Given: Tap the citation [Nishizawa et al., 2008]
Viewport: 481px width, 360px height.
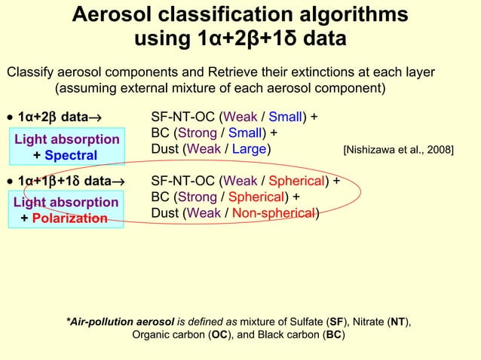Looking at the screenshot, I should click(398, 150).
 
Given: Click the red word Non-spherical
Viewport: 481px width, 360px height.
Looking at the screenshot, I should click(274, 213).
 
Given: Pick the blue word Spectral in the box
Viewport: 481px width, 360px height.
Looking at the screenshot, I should click(71, 155).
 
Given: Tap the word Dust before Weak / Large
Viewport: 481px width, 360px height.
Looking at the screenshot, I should click(165, 149).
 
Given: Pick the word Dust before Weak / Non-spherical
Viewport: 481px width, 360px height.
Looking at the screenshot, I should click(165, 213).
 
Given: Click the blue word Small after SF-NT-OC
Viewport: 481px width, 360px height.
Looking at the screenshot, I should click(286, 117).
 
